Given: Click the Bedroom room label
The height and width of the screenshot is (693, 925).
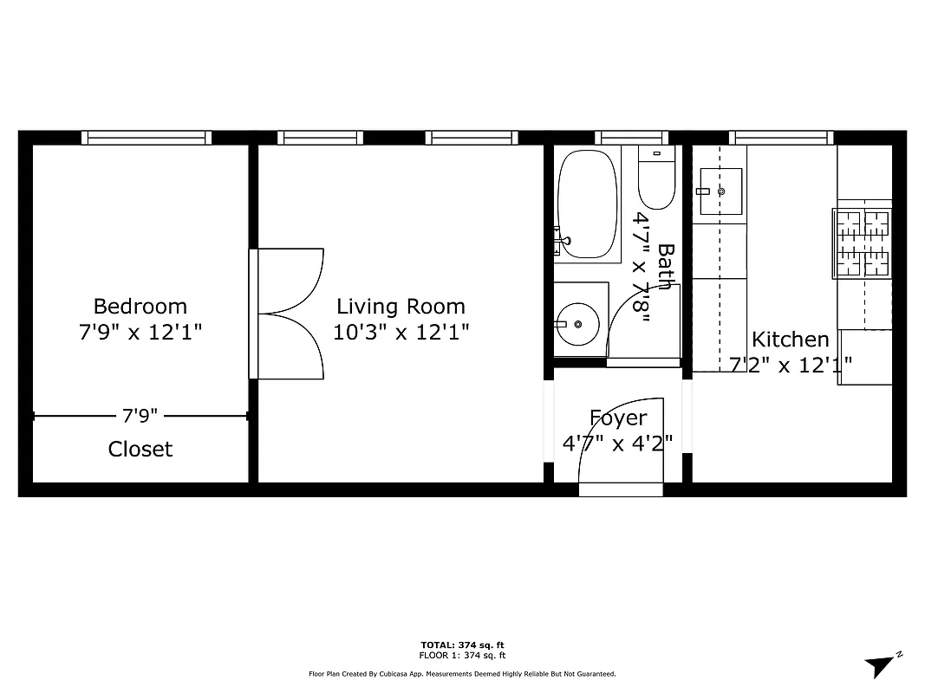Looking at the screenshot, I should (x=140, y=306).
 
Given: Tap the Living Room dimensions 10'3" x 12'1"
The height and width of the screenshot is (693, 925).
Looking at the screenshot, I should (x=401, y=333).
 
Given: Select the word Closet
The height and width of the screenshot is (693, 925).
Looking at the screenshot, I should (x=140, y=449).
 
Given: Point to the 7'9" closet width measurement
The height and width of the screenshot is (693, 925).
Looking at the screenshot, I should (x=140, y=416).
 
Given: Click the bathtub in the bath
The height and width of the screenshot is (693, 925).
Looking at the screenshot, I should (x=587, y=204).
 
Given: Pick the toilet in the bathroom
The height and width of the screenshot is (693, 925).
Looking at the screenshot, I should (x=655, y=179).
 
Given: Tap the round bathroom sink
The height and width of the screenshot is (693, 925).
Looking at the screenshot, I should (x=577, y=321).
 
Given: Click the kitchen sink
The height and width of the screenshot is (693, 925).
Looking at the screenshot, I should (x=720, y=191).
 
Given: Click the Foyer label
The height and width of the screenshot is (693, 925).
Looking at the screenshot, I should (x=617, y=418).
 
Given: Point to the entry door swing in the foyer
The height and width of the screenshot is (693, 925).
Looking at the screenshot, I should (x=621, y=442).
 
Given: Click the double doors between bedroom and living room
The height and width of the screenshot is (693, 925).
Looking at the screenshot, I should (x=288, y=314).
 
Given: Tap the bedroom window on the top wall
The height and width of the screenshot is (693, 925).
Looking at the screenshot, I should (x=146, y=137).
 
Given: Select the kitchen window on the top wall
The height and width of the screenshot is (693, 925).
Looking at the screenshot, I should (x=780, y=137).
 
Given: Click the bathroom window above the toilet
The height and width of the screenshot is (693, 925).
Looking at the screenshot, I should (x=632, y=137).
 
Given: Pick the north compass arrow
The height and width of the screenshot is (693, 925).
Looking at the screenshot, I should (x=880, y=665).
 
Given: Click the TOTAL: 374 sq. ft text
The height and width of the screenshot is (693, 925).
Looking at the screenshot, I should (x=462, y=645).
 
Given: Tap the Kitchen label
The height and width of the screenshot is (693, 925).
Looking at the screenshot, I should (x=790, y=340).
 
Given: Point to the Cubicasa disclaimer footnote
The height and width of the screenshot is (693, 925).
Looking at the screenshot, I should (x=462, y=673).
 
